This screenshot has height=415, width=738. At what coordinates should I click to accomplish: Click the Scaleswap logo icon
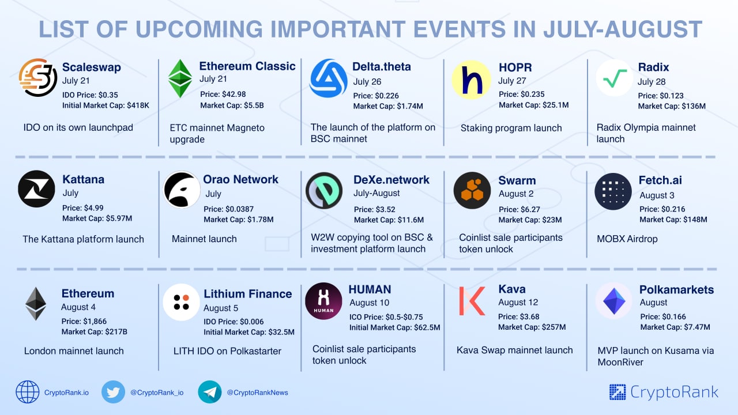pyautogui.click(x=38, y=78)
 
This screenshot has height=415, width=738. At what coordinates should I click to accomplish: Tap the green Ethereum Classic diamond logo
pyautogui.click(x=180, y=79)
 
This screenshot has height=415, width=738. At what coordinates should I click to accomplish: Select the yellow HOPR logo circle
pyautogui.click(x=471, y=80)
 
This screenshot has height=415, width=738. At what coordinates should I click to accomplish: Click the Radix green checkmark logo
pyautogui.click(x=615, y=78)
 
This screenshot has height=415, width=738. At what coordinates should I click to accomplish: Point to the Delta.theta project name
pyautogui.click(x=382, y=66)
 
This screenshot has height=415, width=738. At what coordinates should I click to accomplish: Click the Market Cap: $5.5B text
pyautogui.click(x=232, y=105)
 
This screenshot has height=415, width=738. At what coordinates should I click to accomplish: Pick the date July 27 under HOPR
pyautogui.click(x=512, y=81)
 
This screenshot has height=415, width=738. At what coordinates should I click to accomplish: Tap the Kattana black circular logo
pyautogui.click(x=36, y=188)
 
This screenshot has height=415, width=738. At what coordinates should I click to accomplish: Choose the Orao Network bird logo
pyautogui.click(x=182, y=190)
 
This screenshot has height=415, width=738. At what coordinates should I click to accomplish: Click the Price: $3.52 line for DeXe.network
pyautogui.click(x=375, y=209)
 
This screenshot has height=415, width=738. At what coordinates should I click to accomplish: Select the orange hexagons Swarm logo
pyautogui.click(x=472, y=190)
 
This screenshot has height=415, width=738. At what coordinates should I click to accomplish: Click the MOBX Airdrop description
pyautogui.click(x=627, y=239)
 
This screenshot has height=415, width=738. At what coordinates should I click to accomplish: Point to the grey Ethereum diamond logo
pyautogui.click(x=36, y=304)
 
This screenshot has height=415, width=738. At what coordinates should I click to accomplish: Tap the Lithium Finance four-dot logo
pyautogui.click(x=181, y=302)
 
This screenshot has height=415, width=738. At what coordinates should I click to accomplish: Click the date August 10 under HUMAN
pyautogui.click(x=370, y=303)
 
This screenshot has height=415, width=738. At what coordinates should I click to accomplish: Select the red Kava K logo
pyautogui.click(x=472, y=301)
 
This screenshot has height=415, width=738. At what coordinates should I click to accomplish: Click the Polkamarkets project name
pyautogui.click(x=677, y=289)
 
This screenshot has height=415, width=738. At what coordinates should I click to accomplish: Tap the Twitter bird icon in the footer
pyautogui.click(x=114, y=392)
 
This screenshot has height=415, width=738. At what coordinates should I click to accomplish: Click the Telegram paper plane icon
pyautogui.click(x=210, y=392)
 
